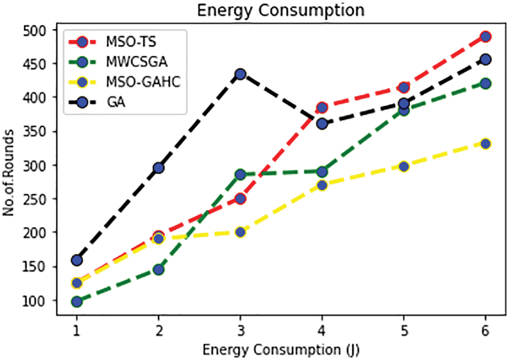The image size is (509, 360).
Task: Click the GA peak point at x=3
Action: click(240, 74)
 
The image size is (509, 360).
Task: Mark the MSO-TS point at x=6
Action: click(485, 36)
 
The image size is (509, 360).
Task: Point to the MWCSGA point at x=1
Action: click(77, 301)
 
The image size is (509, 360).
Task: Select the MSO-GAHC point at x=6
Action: click(485, 143)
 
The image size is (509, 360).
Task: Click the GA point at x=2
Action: click(158, 167)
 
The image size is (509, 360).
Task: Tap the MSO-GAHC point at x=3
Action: click(240, 232)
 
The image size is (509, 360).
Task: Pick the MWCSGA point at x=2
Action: click(158, 269)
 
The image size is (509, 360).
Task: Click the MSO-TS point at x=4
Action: click(322, 107)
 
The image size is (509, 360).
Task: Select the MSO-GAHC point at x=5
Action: click(404, 166)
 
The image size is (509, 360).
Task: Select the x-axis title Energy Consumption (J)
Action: click(280, 350)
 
